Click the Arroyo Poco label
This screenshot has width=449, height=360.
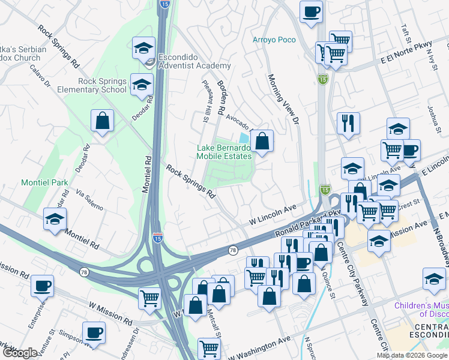[274, 40]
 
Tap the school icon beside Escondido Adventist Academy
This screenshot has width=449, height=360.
[143, 47]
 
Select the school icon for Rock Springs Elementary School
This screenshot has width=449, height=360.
[141, 85]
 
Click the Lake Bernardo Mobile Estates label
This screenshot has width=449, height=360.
[224, 152]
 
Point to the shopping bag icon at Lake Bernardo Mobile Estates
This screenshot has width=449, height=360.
[262, 142]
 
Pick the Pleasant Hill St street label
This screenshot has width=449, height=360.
[205, 102]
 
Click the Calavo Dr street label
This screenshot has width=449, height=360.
[40, 77]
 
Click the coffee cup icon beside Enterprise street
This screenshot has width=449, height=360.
[42, 286]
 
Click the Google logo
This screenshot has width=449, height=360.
[19, 352]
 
